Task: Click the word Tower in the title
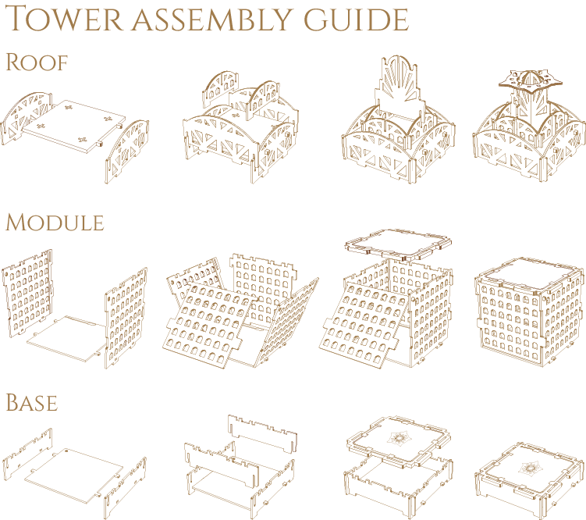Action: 64,18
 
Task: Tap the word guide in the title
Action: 356,20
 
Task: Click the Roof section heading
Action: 36,62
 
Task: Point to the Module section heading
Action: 55,223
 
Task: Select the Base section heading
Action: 32,403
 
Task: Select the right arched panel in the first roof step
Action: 127,151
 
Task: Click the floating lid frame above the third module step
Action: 398,245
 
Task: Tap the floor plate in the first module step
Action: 67,339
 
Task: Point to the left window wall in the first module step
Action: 27,294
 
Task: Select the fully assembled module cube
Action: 529,311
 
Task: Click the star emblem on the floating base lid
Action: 400,437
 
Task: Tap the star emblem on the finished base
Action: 530,467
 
